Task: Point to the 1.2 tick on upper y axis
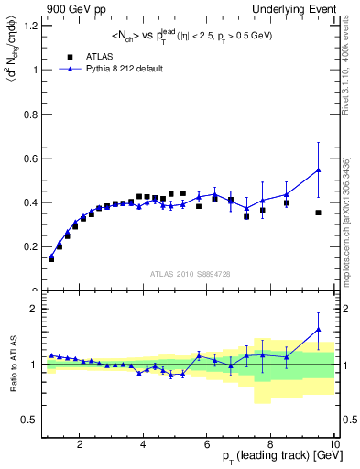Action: [33, 25]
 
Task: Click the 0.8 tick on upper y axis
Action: [33, 114]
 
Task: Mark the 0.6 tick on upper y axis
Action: [33, 158]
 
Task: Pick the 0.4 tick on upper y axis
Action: [33, 202]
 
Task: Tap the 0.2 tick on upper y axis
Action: [33, 247]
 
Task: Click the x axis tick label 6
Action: [207, 445]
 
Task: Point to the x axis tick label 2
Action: [80, 445]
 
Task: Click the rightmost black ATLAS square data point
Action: [318, 213]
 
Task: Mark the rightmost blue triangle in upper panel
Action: [318, 169]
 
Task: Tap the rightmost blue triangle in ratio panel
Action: [318, 330]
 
